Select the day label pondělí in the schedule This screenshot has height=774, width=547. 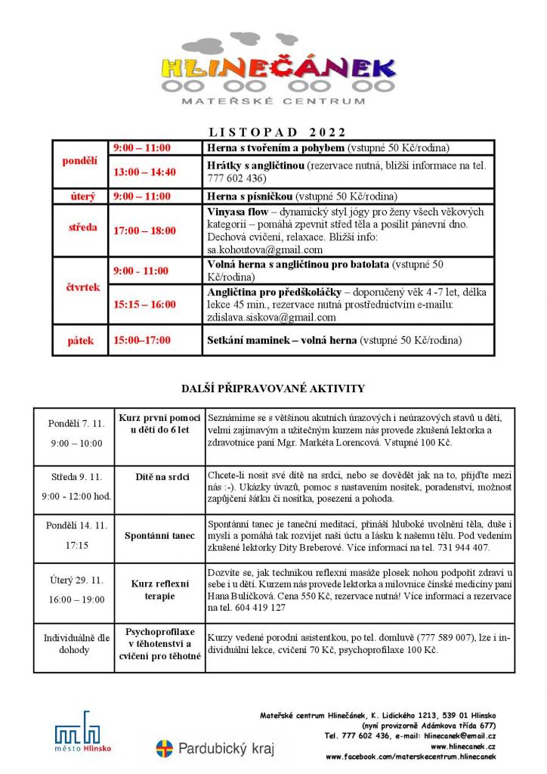79,161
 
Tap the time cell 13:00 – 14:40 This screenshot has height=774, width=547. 144,172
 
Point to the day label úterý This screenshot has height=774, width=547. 79,196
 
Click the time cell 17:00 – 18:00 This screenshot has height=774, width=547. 144,231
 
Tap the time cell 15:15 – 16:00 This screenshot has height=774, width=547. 144,305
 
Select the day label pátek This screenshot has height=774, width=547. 79,340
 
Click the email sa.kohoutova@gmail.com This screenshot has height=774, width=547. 264,249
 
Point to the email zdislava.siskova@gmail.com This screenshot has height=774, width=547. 271,317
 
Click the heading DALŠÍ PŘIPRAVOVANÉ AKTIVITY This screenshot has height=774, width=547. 273,389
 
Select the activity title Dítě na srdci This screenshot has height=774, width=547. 160,477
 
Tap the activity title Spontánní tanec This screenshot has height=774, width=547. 160,536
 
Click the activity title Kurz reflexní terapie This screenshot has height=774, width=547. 160,590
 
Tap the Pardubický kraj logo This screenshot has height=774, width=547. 215,749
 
